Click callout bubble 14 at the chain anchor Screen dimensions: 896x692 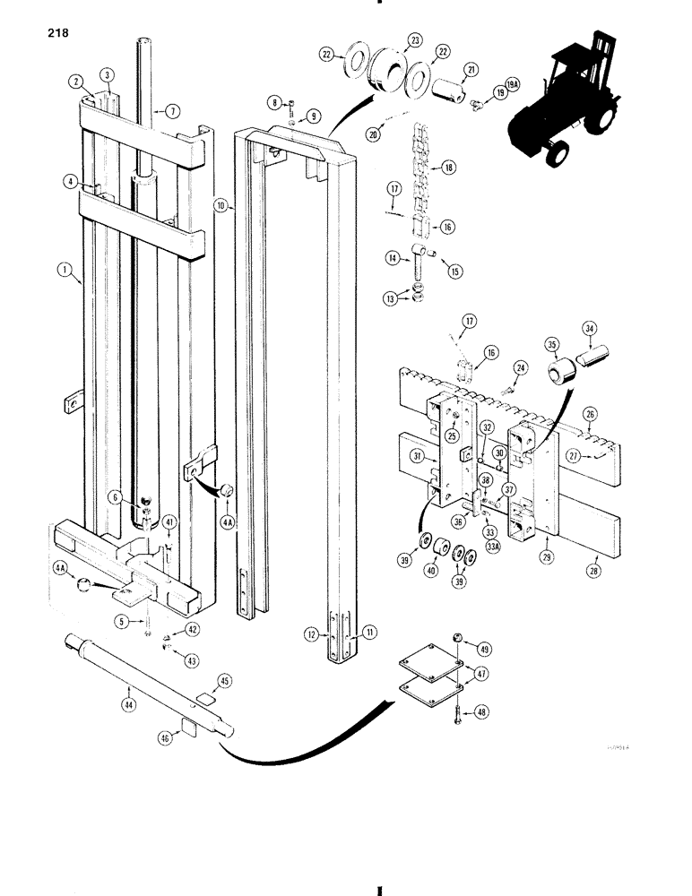391,257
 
